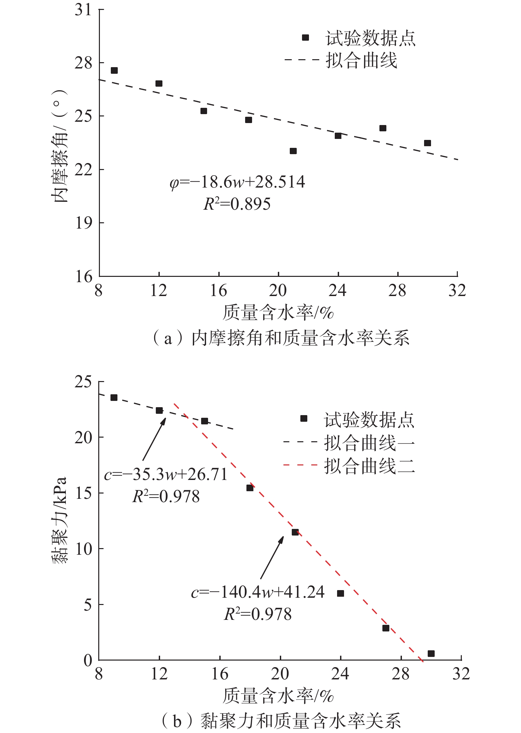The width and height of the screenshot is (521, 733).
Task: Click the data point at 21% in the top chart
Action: [x=293, y=151]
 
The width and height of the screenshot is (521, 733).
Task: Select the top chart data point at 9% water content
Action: [x=114, y=70]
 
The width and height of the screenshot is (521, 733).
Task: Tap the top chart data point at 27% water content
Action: [x=383, y=128]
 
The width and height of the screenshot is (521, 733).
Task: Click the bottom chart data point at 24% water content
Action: [x=340, y=593]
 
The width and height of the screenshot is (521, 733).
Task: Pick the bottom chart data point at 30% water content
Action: [x=431, y=653]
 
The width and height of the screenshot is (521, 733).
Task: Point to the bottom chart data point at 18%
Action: [x=250, y=488]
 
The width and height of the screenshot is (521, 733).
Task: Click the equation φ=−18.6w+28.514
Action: [x=237, y=182]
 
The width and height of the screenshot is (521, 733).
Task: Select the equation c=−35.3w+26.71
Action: [x=166, y=475]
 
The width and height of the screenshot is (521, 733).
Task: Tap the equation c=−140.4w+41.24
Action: [x=258, y=592]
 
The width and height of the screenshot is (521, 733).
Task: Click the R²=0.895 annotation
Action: [x=237, y=204]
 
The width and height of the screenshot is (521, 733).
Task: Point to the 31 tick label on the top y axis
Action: [x=83, y=10]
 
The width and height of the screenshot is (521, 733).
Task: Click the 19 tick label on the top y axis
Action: [x=83, y=223]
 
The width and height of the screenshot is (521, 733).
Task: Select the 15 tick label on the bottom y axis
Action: [x=83, y=493]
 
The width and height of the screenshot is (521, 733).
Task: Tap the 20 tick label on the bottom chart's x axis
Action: [x=280, y=673]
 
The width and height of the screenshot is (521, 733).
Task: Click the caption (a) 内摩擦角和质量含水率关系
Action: [x=281, y=338]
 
